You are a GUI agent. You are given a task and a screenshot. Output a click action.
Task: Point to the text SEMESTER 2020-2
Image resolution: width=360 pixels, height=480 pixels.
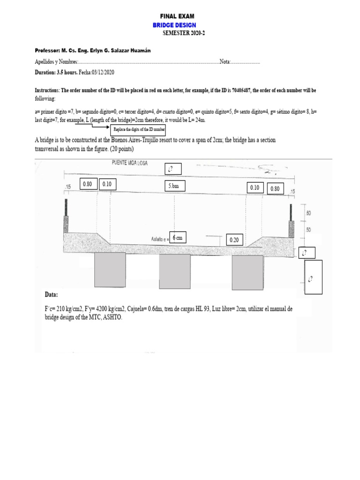(x=184, y=33)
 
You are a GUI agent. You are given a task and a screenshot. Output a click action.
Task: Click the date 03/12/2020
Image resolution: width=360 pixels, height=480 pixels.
(x=100, y=73)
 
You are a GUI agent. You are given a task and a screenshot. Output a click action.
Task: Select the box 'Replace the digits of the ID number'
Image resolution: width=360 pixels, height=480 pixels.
(x=140, y=129)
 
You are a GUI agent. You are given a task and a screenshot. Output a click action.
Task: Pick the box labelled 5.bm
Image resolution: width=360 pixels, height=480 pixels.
(x=174, y=186)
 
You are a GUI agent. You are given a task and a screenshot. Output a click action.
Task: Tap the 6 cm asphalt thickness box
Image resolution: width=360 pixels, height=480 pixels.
(x=177, y=238)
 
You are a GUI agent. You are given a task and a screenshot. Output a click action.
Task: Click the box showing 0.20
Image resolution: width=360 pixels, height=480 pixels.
(x=234, y=240)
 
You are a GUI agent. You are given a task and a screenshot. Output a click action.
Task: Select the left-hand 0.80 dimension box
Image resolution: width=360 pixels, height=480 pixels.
(x=88, y=184)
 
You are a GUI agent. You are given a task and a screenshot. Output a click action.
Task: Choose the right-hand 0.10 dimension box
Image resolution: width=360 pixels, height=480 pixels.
(x=255, y=187)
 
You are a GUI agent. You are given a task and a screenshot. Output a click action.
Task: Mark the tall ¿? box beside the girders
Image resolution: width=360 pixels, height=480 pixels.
(x=313, y=277)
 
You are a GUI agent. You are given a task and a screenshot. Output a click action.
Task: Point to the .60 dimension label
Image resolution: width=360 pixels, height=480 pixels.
(x=308, y=213)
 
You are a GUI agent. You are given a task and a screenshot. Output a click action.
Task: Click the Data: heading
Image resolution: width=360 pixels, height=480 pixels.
(x=51, y=295)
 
